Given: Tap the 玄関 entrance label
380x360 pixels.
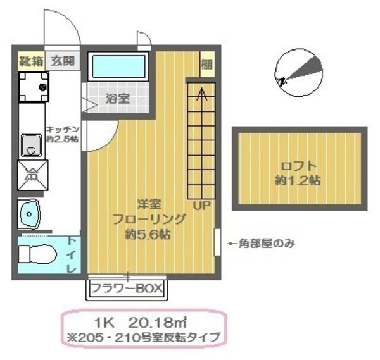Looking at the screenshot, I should (63, 62).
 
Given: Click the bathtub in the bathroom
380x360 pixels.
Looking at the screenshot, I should (119, 67).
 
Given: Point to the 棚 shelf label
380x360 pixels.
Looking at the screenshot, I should (206, 64).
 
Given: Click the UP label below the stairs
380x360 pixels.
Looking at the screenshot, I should (201, 206).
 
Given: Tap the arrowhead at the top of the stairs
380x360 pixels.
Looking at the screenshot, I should (202, 94).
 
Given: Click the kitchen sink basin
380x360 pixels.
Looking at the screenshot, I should (30, 145).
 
